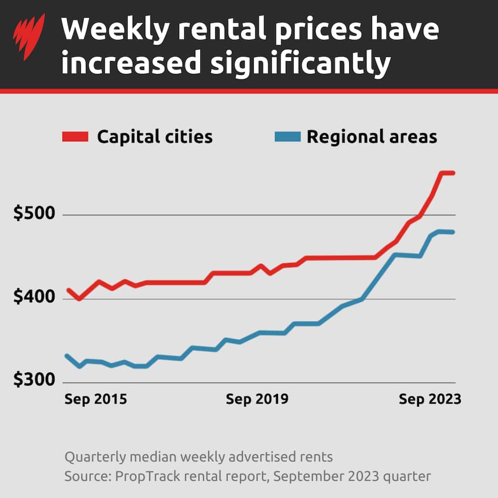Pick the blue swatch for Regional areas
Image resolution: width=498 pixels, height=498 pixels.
tap(286, 137)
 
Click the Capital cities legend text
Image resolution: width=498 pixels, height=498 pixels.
tap(155, 137)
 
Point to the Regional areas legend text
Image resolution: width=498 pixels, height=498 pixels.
tap(372, 137)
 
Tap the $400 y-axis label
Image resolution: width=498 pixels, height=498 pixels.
tap(32, 298)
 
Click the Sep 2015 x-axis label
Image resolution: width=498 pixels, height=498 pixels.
tap(95, 400)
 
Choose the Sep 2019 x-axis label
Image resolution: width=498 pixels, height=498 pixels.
tap(257, 400)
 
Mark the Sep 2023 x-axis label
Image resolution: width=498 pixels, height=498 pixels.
tap(430, 400)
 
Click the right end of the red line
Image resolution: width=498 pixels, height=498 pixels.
tap(453, 173)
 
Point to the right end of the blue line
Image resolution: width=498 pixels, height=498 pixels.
tap(453, 232)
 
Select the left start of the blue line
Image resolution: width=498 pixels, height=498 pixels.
tap(67, 356)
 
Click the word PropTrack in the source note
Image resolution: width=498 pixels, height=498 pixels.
tap(137, 476)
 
